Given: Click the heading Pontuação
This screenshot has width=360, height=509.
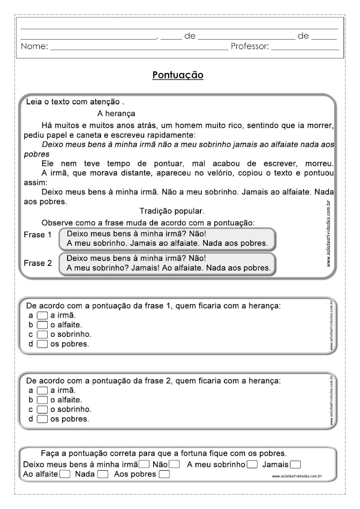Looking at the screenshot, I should pos(178,75).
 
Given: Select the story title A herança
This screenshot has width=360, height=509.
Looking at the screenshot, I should pos(116,113).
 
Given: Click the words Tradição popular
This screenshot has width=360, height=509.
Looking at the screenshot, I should pos(165,211).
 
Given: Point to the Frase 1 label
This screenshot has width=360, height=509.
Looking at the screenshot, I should pos(38,235).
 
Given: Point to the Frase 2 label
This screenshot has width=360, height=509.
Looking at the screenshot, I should pos(38,263).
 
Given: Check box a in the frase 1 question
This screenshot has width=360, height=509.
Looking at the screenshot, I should pos(42,316).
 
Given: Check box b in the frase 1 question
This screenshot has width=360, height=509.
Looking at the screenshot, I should pos(42,325).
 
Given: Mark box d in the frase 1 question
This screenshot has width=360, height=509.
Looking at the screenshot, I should pos(42,344).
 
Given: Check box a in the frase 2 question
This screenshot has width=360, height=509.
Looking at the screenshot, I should pos(42,390).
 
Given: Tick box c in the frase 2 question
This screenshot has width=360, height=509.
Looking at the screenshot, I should pos(42,410).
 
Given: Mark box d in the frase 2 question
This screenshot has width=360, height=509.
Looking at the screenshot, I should pos(42,419).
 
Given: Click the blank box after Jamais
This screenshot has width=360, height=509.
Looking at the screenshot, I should pos(295,465).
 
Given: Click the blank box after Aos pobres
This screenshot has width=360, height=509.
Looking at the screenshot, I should pos(164,474).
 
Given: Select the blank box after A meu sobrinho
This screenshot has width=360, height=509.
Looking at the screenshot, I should pos(252,465).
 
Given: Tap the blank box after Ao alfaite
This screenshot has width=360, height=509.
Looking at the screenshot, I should pos(65,474).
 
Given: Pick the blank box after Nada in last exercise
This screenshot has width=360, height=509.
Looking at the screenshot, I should pos(102,474).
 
